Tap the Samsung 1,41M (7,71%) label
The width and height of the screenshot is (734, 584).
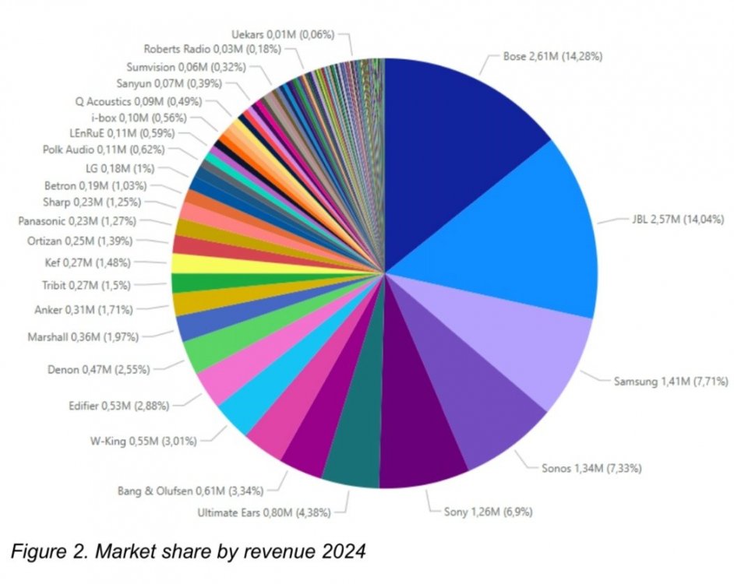(x=669, y=382)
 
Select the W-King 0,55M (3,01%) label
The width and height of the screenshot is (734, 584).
(x=143, y=442)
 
